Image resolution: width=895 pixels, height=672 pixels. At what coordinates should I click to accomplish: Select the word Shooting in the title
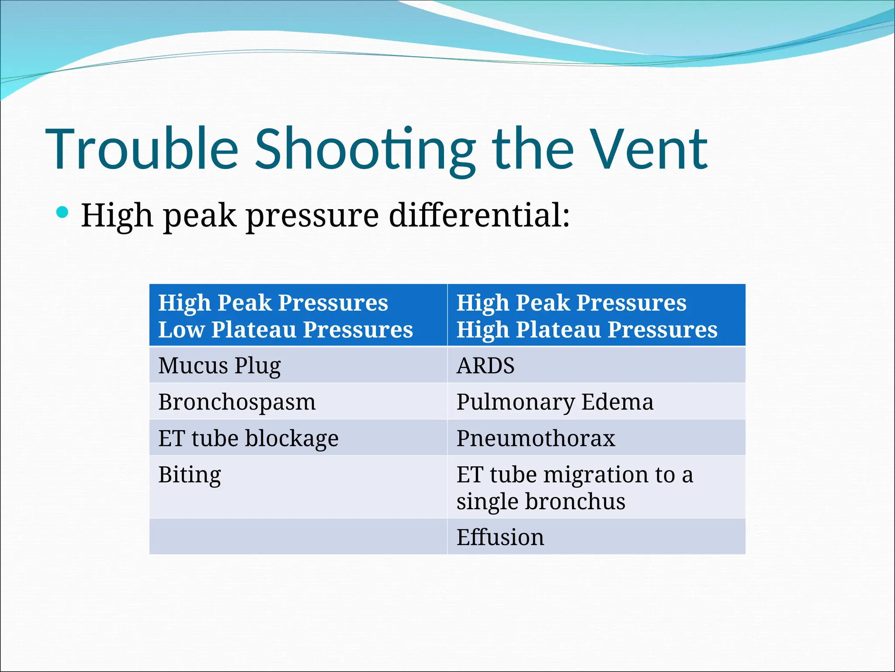point(365,149)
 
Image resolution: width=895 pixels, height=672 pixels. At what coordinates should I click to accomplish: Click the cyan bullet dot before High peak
point(62,213)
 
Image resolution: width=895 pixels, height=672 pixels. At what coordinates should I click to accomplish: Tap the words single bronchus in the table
point(541,501)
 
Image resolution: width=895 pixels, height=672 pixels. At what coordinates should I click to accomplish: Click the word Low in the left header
point(181,329)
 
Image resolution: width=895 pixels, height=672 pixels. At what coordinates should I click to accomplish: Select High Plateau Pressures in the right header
point(587,329)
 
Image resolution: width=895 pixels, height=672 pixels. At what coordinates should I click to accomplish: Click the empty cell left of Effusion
point(298,537)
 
